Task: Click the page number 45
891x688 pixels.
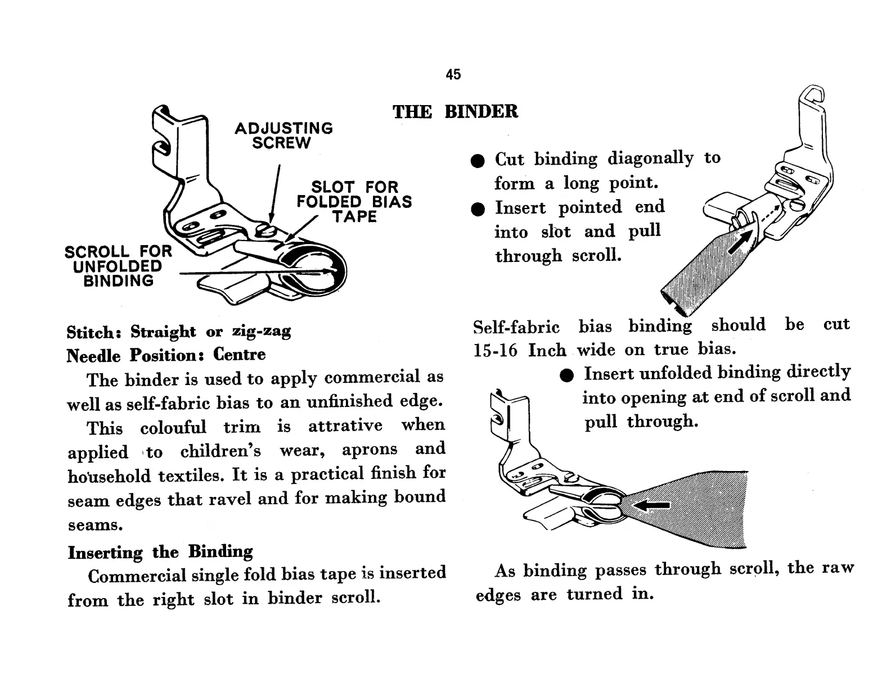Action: pos(453,75)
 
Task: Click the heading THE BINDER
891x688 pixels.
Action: pos(455,111)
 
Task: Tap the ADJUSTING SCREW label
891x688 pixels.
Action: pos(283,135)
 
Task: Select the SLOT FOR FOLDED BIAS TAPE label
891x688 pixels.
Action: pos(354,202)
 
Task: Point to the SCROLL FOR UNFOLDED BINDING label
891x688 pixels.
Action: pos(118,266)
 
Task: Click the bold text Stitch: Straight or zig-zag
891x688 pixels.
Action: pos(178,332)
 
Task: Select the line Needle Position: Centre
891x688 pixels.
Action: pos(166,355)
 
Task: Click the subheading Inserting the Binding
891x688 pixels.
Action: pos(160,551)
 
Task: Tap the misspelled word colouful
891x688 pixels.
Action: pos(173,427)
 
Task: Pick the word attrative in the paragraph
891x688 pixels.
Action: pos(345,426)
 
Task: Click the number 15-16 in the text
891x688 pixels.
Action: pos(495,350)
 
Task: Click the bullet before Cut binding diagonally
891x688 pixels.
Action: pos(478,161)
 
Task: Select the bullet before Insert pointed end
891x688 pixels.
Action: pos(478,210)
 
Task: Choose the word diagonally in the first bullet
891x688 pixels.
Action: pos(650,158)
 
